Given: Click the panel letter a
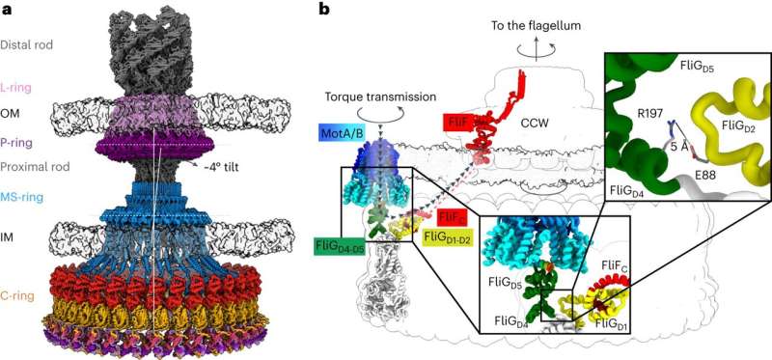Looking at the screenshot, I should [x=7, y=9].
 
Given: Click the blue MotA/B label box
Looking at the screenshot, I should [x=345, y=130].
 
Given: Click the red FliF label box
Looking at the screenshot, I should [x=458, y=123].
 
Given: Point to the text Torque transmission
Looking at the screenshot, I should [x=380, y=97].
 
